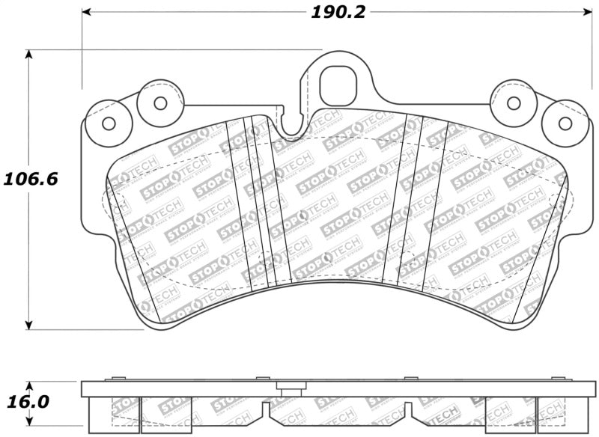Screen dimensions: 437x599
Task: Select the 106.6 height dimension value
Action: [x=31, y=180]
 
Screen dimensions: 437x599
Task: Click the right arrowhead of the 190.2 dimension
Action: [x=588, y=13]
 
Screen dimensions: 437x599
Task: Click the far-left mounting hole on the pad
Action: [x=108, y=123]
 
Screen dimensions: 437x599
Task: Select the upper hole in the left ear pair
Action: [x=159, y=103]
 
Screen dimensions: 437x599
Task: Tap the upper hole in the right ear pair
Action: [x=513, y=103]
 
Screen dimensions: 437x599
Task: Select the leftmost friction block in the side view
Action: [x=112, y=415]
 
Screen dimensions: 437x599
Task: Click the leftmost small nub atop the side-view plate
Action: [x=114, y=379]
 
